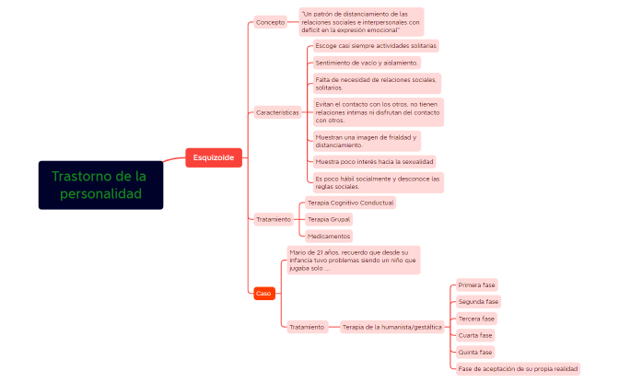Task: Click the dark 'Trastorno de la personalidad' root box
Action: (x=100, y=185)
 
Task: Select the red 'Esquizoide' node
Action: (x=214, y=157)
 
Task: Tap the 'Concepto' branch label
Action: (x=271, y=22)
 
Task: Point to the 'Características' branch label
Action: (x=277, y=113)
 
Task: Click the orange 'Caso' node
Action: (x=264, y=294)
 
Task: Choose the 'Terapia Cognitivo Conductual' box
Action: (x=351, y=203)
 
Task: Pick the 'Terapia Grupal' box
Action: (x=329, y=219)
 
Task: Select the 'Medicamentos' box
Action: (x=329, y=237)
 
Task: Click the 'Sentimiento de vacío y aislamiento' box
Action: (x=367, y=63)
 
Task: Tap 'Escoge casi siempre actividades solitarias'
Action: (x=376, y=46)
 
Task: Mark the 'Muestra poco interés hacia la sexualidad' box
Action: (x=374, y=162)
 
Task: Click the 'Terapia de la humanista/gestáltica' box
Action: (x=392, y=327)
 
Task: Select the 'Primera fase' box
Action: (x=477, y=284)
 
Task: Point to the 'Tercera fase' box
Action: (x=476, y=319)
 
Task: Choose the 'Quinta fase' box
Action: (x=475, y=353)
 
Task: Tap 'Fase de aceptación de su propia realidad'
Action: (x=518, y=369)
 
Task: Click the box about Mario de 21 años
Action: (x=354, y=261)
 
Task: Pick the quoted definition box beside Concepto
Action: (x=361, y=22)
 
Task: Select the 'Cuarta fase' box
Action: (x=475, y=335)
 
